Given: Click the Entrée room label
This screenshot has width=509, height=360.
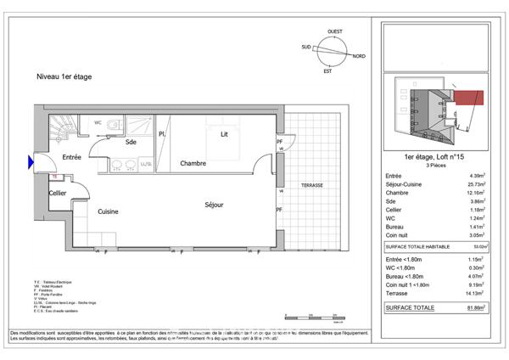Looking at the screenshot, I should tap(70, 158).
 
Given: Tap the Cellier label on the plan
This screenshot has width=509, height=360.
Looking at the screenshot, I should tap(58, 193).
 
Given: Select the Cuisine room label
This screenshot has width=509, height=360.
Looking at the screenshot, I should tap(107, 211).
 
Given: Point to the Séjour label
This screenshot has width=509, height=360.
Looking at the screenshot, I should tap(214, 205).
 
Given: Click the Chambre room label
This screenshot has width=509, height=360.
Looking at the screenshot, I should tap(193, 163).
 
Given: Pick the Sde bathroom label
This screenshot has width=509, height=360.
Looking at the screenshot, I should tap(131, 143).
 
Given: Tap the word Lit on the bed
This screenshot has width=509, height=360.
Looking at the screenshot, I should tap(224, 134).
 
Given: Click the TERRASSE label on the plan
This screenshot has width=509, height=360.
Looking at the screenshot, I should tap(306, 184).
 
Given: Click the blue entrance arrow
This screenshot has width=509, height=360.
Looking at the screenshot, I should tap(32, 160).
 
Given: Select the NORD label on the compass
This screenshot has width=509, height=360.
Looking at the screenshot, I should tap(359, 56).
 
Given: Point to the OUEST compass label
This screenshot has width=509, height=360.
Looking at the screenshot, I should tap(335, 31).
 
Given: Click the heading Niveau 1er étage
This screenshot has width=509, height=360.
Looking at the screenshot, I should tap(64, 76).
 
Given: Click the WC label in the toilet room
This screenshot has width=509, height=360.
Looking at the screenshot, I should tap(98, 122).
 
